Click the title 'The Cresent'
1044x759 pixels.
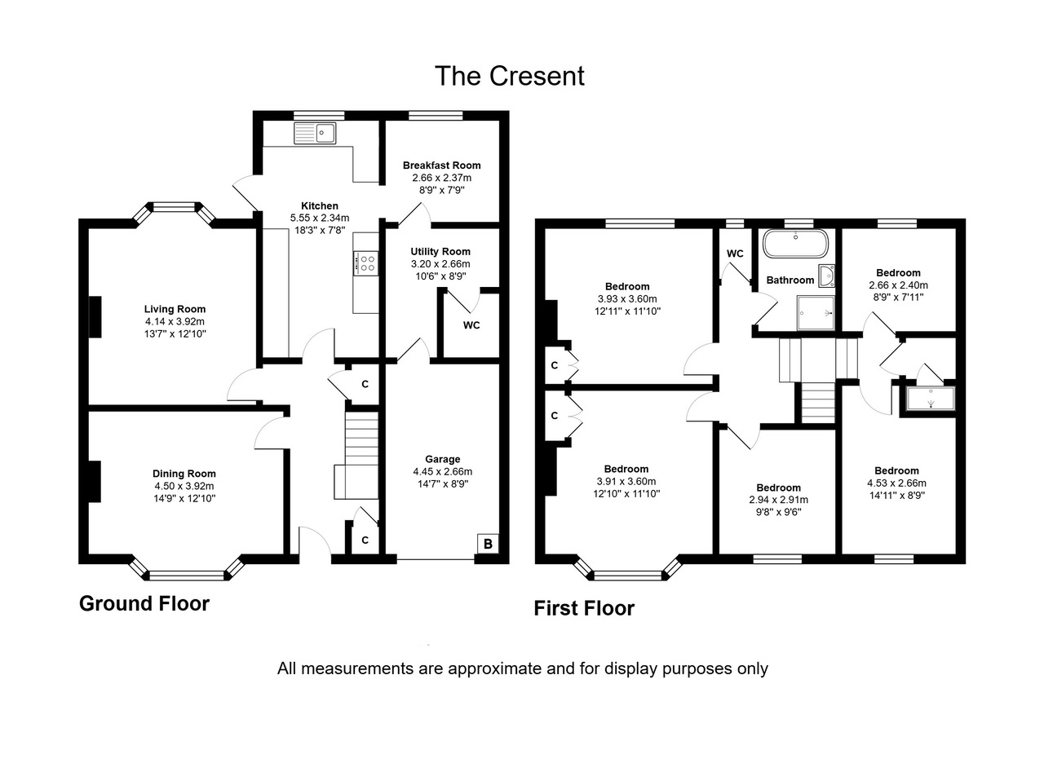tap(509, 76)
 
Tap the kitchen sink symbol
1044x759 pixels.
tap(315, 132)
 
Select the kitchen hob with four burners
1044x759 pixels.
tap(366, 263)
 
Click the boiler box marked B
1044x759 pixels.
tap(488, 544)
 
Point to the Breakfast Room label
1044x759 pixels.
tap(441, 165)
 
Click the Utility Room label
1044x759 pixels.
tap(440, 252)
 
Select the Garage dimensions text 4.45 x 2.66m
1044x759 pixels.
tap(442, 471)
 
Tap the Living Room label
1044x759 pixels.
tap(175, 309)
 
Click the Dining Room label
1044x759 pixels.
tap(184, 474)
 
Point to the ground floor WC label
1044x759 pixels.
tap(471, 325)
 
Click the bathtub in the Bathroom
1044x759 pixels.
tap(795, 244)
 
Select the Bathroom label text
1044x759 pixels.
tap(790, 280)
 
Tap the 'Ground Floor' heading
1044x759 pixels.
tap(144, 603)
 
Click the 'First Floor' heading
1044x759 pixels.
tap(584, 608)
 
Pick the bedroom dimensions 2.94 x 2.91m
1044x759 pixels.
tap(778, 500)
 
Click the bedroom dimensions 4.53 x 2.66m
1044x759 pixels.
tap(896, 483)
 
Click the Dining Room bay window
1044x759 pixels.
tap(187, 573)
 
